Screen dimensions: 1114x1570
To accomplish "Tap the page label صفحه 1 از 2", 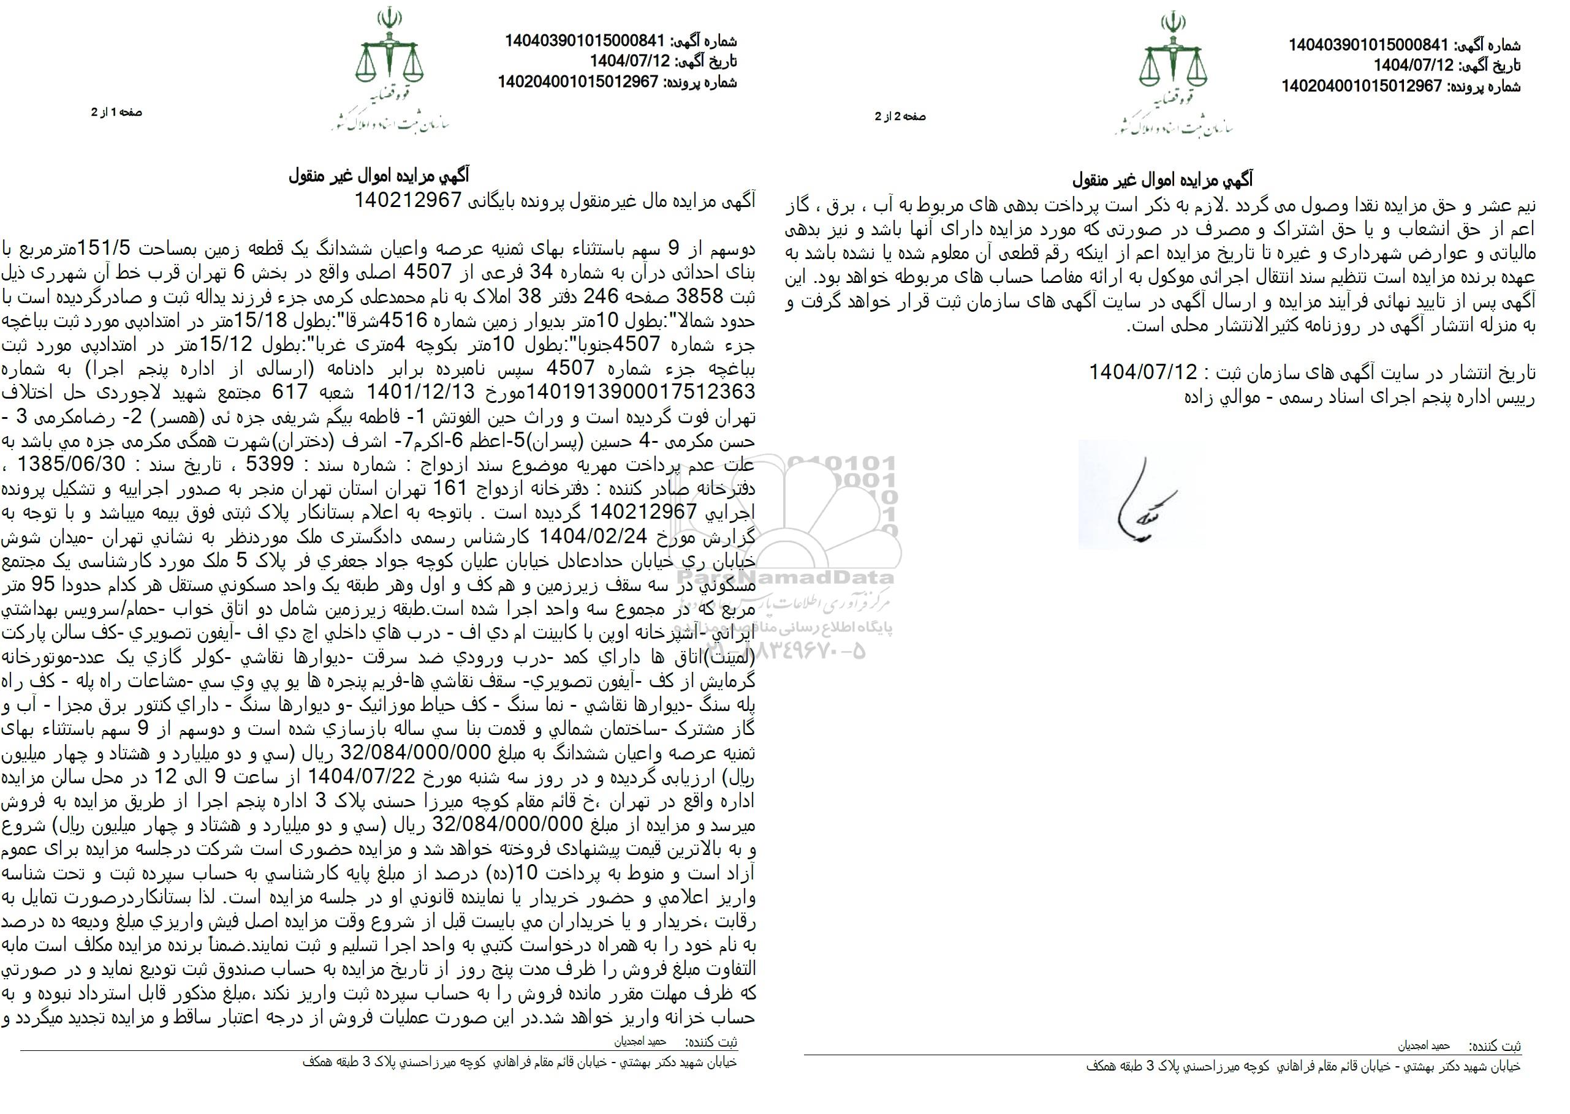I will [116, 113].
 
